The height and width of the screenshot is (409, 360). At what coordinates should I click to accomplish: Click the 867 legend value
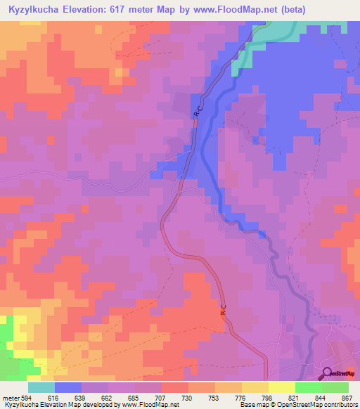(346, 398)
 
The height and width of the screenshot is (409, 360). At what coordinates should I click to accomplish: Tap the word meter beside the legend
(10, 398)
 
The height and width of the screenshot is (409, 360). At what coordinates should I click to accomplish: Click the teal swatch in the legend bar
(41, 387)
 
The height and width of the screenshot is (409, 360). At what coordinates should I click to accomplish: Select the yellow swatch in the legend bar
(282, 387)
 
